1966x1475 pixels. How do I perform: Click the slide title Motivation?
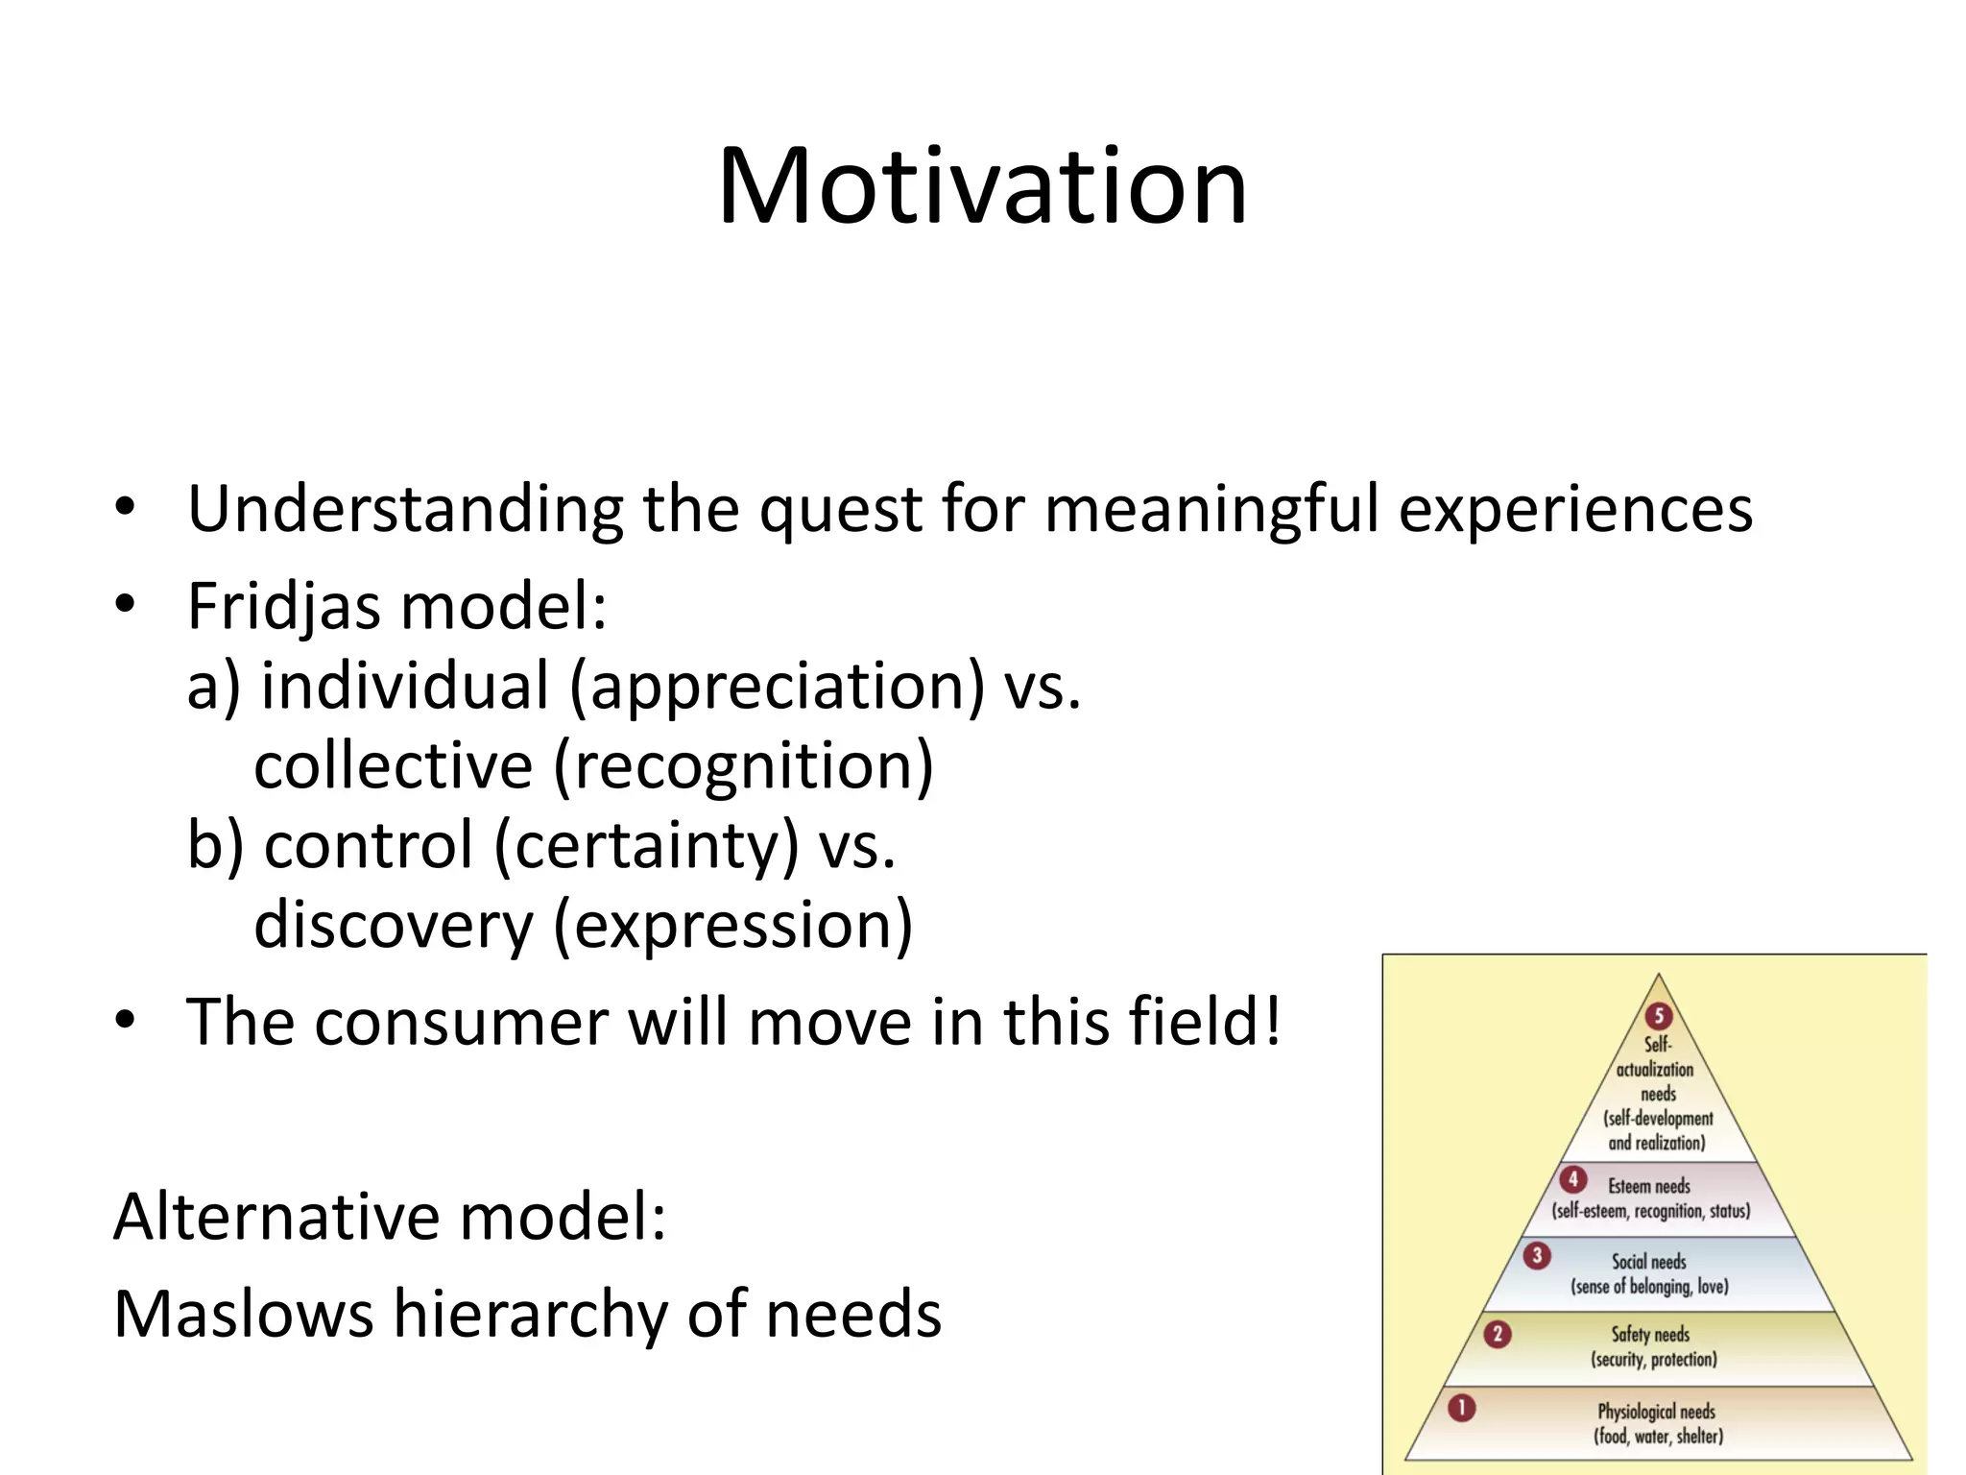[982, 186]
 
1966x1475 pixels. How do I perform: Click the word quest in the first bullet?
[840, 511]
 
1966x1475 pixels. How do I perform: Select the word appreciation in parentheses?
[778, 688]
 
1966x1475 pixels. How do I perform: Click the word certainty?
[646, 847]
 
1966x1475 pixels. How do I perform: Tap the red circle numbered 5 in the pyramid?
[1659, 1015]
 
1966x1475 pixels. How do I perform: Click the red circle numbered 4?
[1572, 1179]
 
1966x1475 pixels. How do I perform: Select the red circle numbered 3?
[1537, 1255]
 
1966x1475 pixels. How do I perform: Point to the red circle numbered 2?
[1497, 1334]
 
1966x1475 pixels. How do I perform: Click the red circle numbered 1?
[1461, 1409]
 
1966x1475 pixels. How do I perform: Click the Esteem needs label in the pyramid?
[1649, 1187]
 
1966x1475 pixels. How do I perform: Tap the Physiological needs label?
[1656, 1412]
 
